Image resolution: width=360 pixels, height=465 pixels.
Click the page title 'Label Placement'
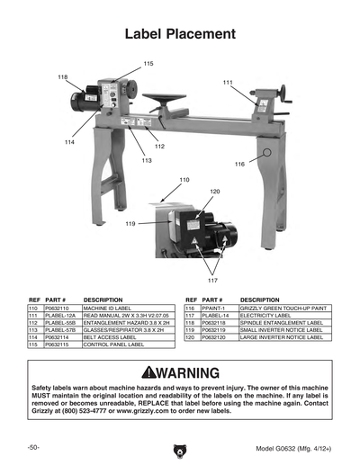(180, 34)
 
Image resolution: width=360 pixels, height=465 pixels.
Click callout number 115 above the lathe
(148, 63)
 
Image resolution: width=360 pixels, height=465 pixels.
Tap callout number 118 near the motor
(62, 77)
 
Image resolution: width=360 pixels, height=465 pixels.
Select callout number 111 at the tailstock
(228, 84)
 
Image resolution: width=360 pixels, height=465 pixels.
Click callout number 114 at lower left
(69, 142)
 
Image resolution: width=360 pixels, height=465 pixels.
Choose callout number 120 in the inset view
(215, 192)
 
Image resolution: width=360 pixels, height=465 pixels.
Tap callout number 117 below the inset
(213, 280)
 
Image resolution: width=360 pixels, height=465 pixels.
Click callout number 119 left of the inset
(130, 223)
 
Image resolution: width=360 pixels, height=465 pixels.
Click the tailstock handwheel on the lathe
(289, 95)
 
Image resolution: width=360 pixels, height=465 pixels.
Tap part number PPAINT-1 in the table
(214, 308)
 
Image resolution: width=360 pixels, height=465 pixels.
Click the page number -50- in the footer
(32, 447)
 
